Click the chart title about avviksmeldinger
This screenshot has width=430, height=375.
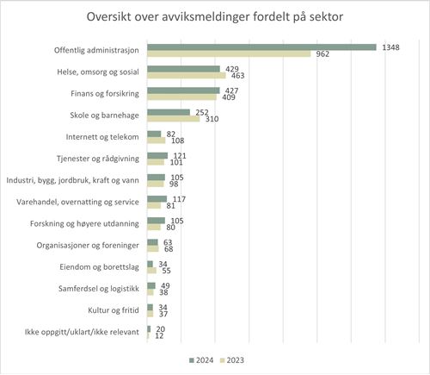tap(214, 18)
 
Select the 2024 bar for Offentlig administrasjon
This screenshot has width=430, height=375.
tap(261, 47)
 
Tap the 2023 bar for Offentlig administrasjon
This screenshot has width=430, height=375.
tap(229, 54)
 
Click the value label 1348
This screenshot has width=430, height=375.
tap(391, 47)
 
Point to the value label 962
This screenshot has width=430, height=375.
tap(323, 54)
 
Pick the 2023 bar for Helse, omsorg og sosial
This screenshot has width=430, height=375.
tap(187, 76)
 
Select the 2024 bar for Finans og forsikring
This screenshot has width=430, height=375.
tap(183, 90)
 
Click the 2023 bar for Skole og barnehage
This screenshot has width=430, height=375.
tap(174, 118)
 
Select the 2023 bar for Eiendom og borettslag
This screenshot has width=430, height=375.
tap(151, 269)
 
